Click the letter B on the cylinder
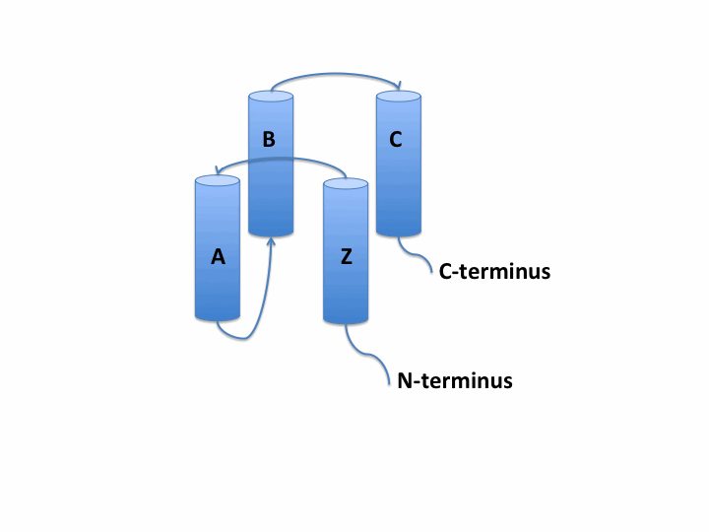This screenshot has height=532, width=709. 269,140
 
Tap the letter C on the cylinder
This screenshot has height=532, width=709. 396,140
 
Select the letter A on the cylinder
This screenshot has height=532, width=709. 219,257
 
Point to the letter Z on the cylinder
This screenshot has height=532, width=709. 346,257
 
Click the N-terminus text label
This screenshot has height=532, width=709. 454,380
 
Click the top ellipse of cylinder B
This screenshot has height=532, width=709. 271,97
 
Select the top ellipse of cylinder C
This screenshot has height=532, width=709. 398,97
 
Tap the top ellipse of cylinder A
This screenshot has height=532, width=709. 219,181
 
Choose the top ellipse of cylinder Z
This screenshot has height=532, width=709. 346,184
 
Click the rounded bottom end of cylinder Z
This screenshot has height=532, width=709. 346,319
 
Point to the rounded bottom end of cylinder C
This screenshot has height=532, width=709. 398,233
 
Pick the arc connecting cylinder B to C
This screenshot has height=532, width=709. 335,72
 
